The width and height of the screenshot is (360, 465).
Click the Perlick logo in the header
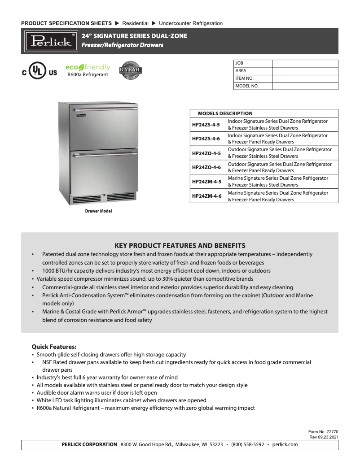pyautogui.click(x=51, y=41)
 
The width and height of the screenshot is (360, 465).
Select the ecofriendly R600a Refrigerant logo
pyautogui.click(x=88, y=70)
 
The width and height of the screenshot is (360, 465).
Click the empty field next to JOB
pyautogui.click(x=305, y=64)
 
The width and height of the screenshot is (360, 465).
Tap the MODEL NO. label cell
pyautogui.click(x=253, y=86)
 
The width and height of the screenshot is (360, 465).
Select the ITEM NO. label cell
pyautogui.click(x=253, y=78)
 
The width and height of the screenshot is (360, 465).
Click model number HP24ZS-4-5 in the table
pyautogui.click(x=206, y=124)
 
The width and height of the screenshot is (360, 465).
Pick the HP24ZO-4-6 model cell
pyautogui.click(x=206, y=167)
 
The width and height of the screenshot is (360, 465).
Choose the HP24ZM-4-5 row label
pyautogui.click(x=206, y=182)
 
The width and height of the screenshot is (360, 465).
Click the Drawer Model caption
pyautogui.click(x=98, y=211)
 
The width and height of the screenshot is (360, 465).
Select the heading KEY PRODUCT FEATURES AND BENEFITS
pyautogui.click(x=180, y=246)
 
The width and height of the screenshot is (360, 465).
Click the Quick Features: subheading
pyautogui.click(x=54, y=347)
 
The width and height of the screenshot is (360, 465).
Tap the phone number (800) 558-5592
pyautogui.click(x=247, y=444)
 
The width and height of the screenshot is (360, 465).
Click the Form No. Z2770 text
pyautogui.click(x=326, y=432)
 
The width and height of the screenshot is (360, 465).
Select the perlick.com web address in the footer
pyautogui.click(x=285, y=444)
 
